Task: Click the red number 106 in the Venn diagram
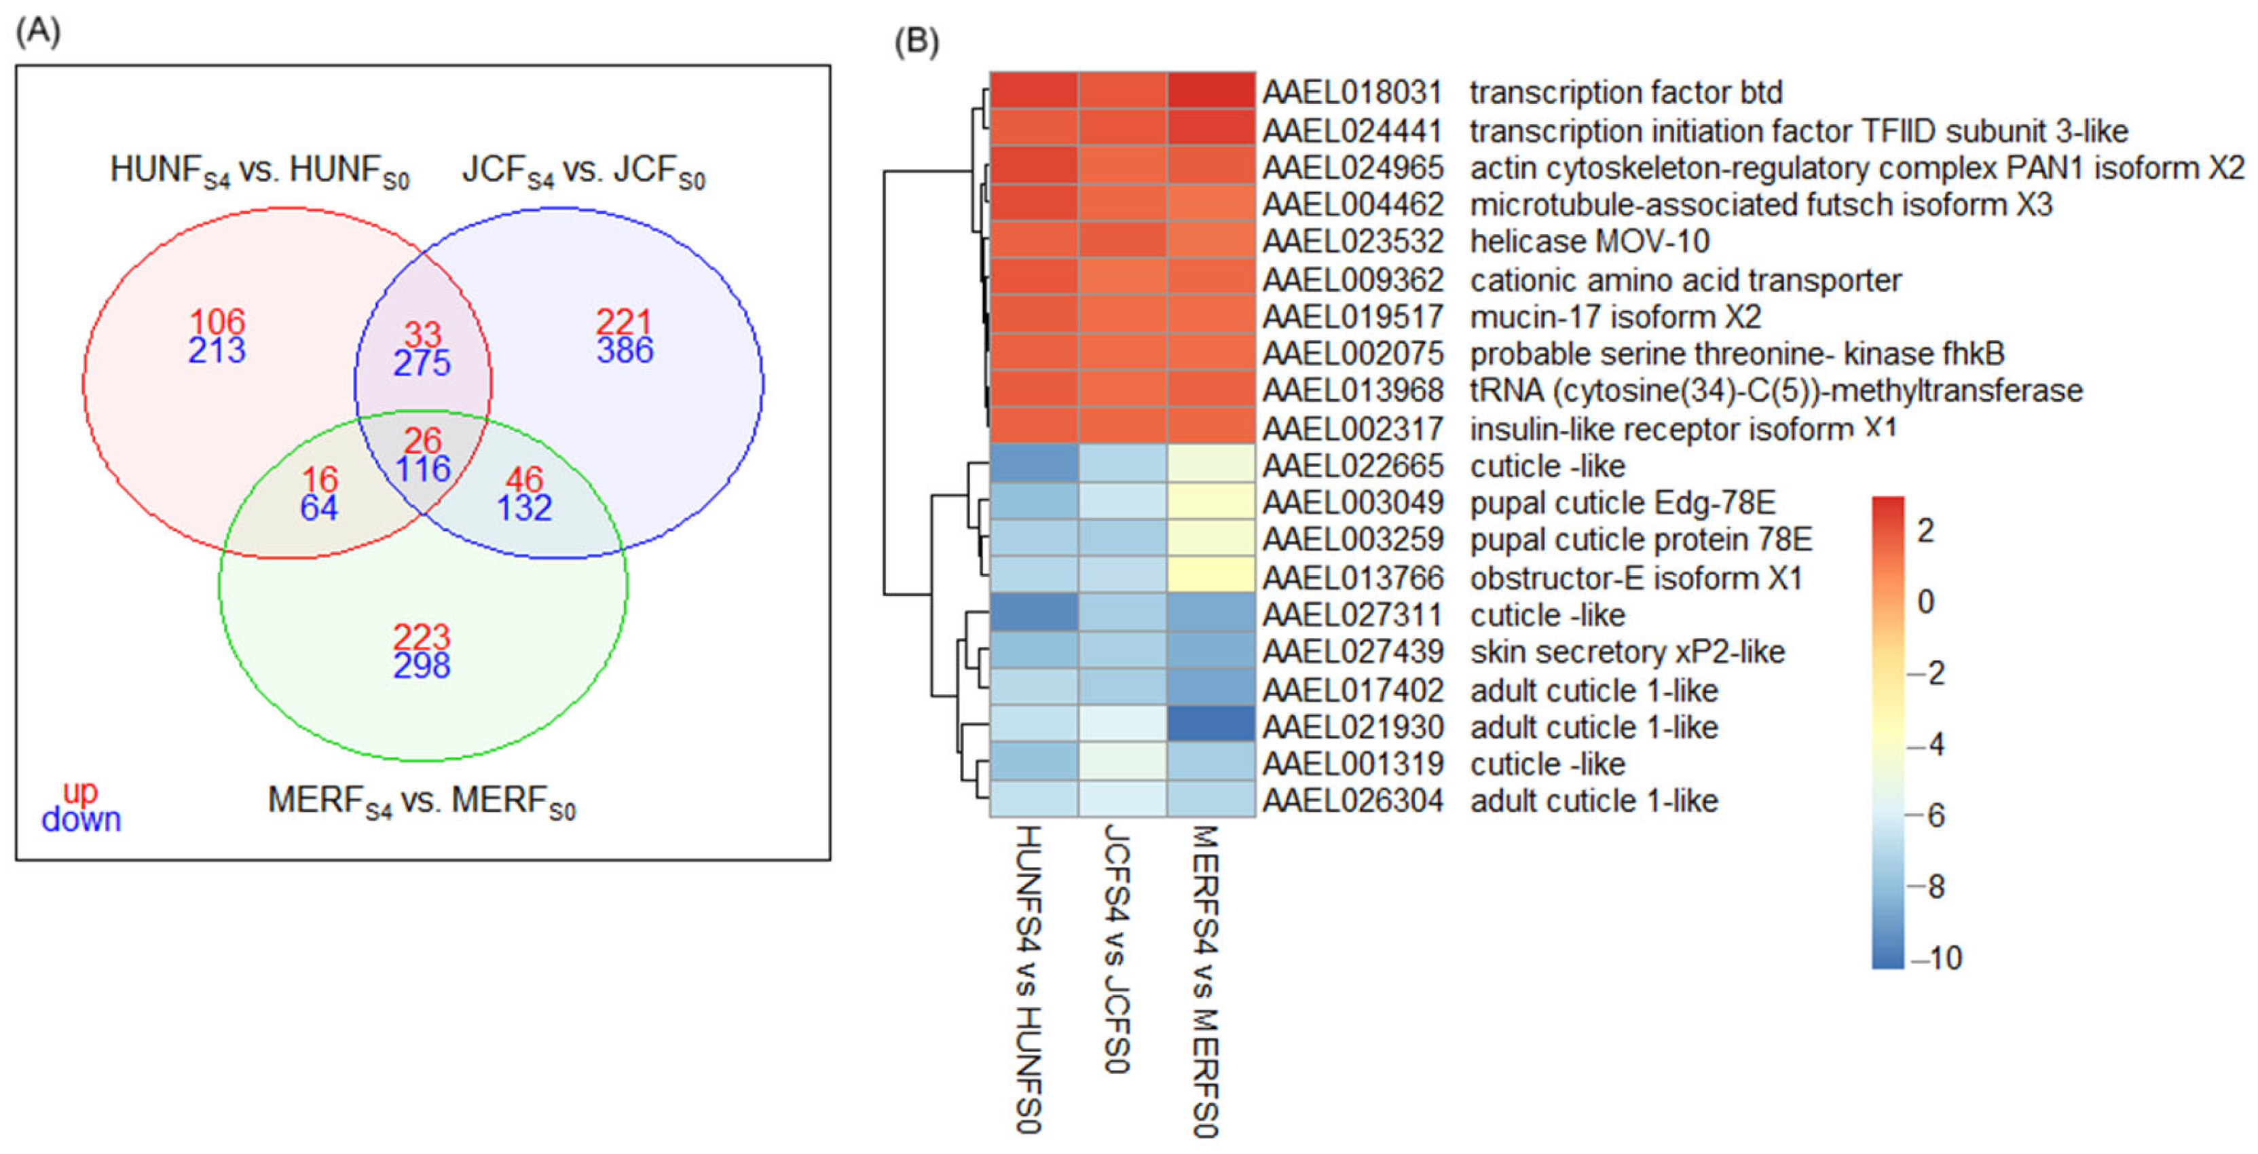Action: [x=217, y=322]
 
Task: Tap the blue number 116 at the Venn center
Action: [x=422, y=470]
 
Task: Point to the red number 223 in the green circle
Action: [x=422, y=637]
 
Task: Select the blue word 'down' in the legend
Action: [x=81, y=820]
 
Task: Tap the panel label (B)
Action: [x=916, y=41]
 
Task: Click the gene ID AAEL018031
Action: [x=1352, y=92]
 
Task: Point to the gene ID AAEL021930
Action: [x=1352, y=727]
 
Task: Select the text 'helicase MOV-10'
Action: [x=1589, y=241]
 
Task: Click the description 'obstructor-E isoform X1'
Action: [x=1635, y=578]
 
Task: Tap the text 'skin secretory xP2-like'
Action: [x=1627, y=652]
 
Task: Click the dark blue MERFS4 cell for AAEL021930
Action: [x=1210, y=724]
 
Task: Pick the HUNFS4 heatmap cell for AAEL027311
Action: [x=1033, y=612]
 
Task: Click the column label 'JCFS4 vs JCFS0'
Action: [x=1114, y=948]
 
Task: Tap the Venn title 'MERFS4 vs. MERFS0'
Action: [x=422, y=801]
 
